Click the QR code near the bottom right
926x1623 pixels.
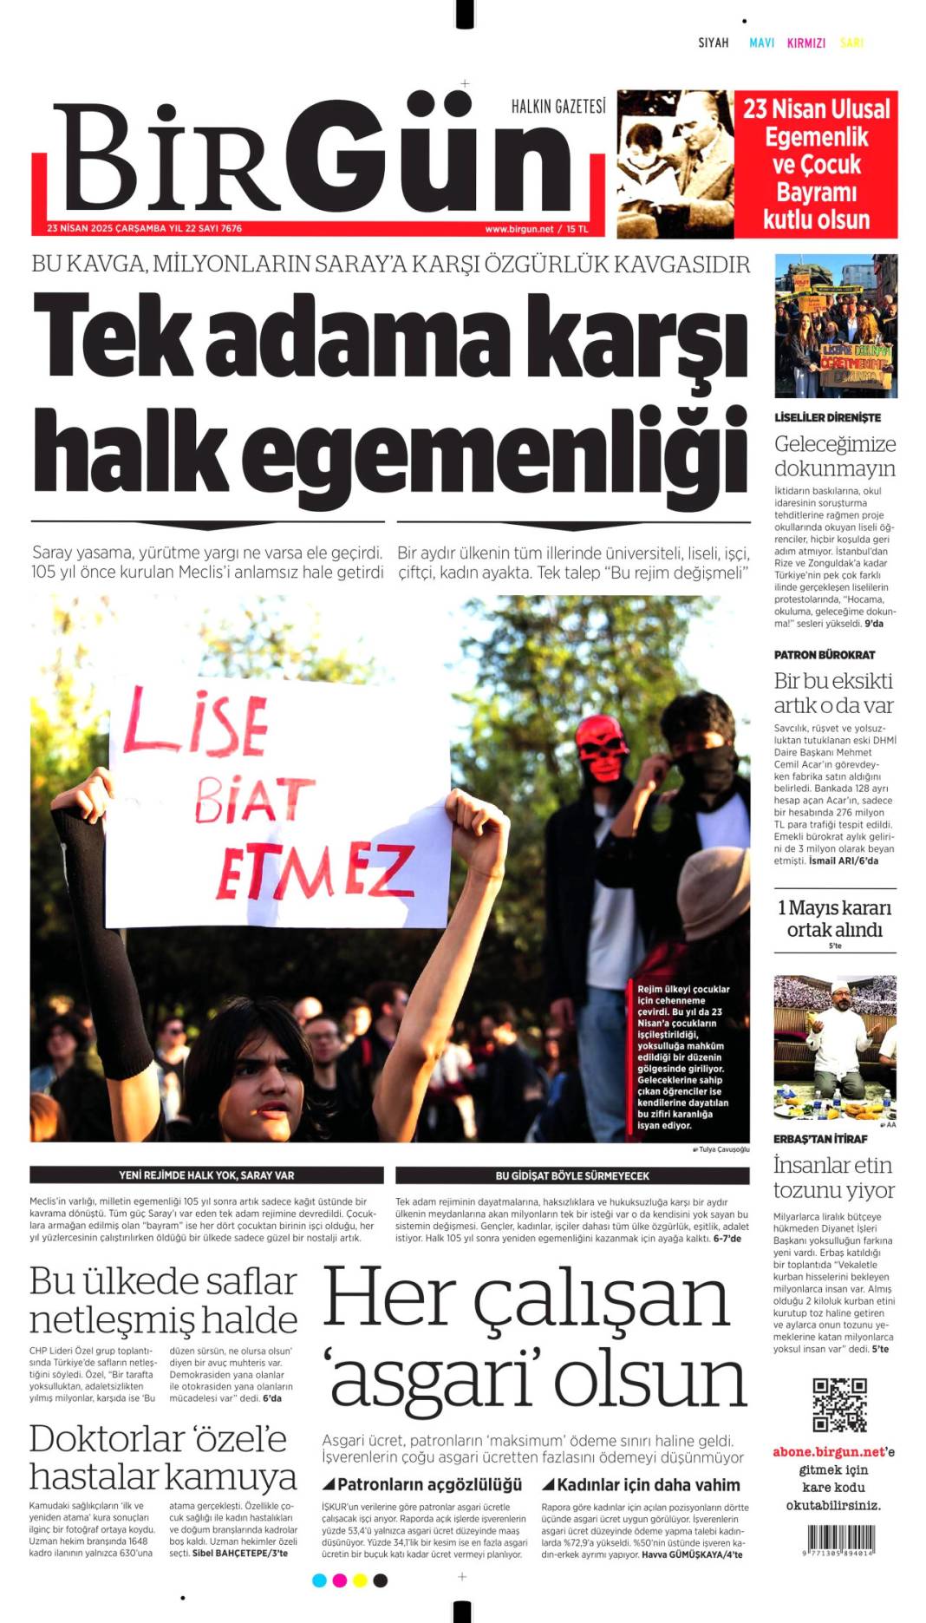[x=839, y=1404]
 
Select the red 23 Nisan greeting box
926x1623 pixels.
[x=816, y=164]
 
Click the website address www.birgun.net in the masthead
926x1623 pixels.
[x=518, y=229]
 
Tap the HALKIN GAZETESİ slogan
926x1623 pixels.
[x=558, y=107]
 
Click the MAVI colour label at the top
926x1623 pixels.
[x=761, y=43]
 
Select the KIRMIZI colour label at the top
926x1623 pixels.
[x=805, y=43]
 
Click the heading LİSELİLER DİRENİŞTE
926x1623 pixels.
[x=827, y=417]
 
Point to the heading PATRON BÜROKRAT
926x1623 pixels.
[x=825, y=655]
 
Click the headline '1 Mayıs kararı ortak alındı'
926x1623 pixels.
[x=834, y=919]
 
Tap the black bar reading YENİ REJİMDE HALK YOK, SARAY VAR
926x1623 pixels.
[x=206, y=1175]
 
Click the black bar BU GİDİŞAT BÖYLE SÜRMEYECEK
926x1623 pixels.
[x=572, y=1175]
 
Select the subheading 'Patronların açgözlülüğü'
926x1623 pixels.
[x=422, y=1485]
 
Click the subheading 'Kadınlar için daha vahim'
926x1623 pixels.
[x=641, y=1485]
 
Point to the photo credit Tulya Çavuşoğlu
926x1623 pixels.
[x=721, y=1149]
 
